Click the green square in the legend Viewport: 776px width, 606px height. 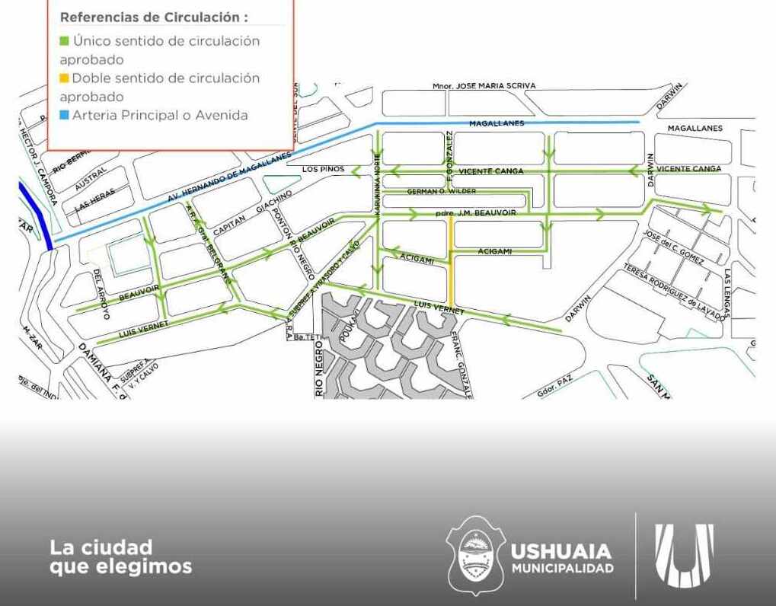pyautogui.click(x=65, y=41)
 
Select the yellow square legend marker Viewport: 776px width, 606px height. pyautogui.click(x=65, y=78)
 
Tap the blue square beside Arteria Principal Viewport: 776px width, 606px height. pyautogui.click(x=65, y=116)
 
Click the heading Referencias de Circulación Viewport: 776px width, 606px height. pyautogui.click(x=154, y=17)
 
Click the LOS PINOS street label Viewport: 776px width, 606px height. pyautogui.click(x=324, y=168)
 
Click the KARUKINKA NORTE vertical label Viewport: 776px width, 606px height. pyautogui.click(x=376, y=183)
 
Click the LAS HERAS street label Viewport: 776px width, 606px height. pyautogui.click(x=95, y=199)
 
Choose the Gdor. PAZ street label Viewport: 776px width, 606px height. pyautogui.click(x=554, y=387)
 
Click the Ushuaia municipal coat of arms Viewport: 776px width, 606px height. pyautogui.click(x=475, y=555)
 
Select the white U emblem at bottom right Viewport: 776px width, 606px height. pyautogui.click(x=685, y=555)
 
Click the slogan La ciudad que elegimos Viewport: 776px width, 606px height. pyautogui.click(x=120, y=557)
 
